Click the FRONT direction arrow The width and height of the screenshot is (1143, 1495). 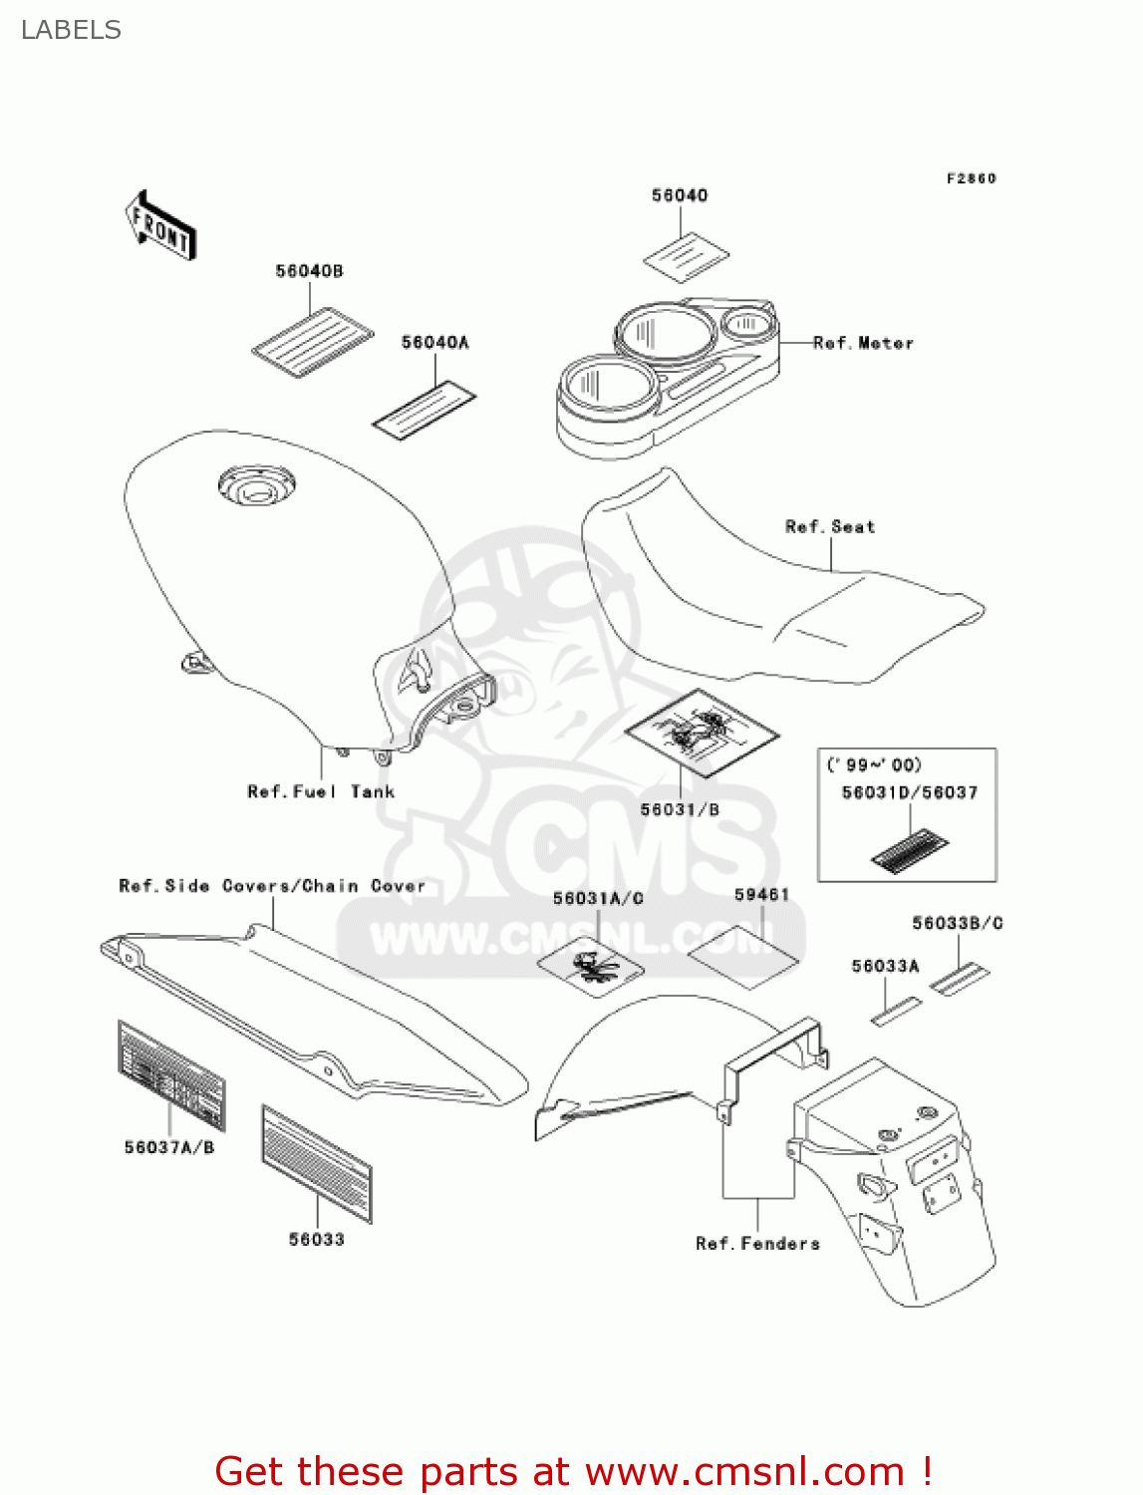[x=160, y=226]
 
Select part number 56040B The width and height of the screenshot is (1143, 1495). [x=309, y=271]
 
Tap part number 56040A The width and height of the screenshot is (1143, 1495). [x=434, y=343]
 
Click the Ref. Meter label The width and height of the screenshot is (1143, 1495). [x=863, y=343]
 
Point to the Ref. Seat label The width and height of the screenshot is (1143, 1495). [x=830, y=527]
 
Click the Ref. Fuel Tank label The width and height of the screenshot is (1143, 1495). [x=321, y=791]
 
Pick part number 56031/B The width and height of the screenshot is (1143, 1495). [x=680, y=809]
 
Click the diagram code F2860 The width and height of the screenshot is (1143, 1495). [x=971, y=178]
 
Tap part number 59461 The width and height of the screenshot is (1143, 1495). [x=761, y=895]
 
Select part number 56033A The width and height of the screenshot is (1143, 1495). [x=885, y=966]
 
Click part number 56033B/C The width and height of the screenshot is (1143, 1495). [x=957, y=923]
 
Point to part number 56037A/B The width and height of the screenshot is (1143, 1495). [x=169, y=1147]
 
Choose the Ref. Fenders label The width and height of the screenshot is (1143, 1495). [x=757, y=1243]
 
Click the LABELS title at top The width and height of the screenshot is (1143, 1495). [x=71, y=30]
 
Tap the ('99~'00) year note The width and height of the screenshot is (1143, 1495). [x=874, y=764]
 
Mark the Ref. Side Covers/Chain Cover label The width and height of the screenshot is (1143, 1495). [x=272, y=886]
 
